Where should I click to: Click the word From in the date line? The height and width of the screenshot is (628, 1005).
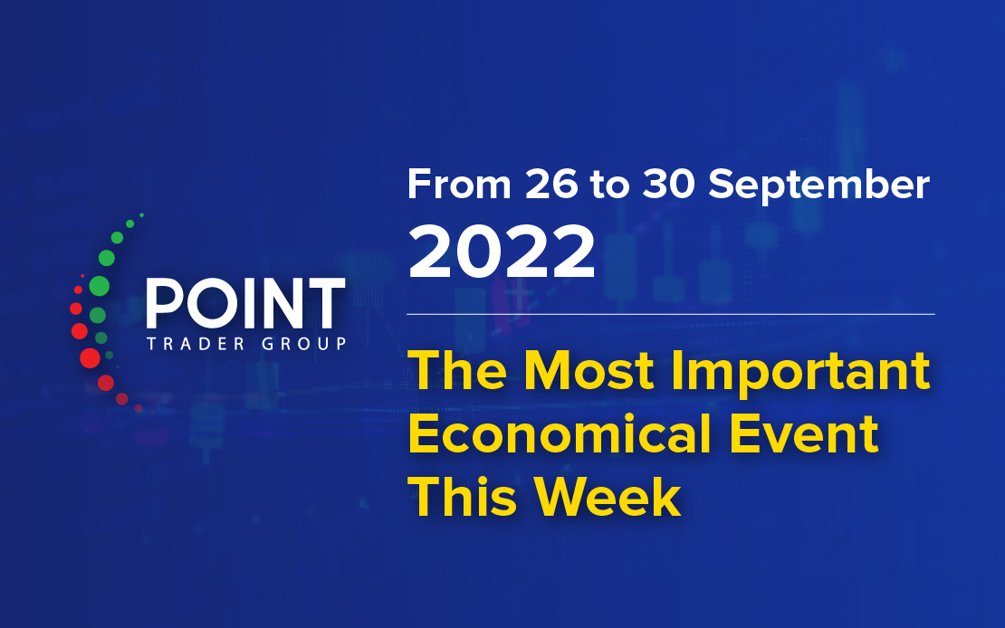pos(459,184)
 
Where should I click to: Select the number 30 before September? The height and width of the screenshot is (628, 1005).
pos(669,184)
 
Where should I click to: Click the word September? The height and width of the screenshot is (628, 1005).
pos(819,186)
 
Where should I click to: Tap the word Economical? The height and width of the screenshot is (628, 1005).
pos(560,433)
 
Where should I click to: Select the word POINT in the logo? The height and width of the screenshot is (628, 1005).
pos(245,303)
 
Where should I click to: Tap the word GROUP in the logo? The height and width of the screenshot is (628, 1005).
pos(304,344)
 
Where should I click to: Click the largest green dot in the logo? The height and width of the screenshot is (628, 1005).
pos(99,286)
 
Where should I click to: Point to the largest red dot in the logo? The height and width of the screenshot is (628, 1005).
pos(90,357)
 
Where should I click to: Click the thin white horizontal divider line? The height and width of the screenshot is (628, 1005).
pos(671,314)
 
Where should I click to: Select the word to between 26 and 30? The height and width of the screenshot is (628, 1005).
pos(609,186)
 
